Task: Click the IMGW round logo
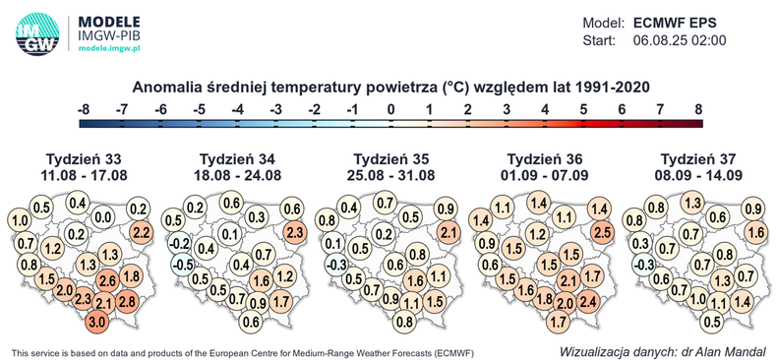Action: pos(37,30)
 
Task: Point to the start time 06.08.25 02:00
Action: pos(679,41)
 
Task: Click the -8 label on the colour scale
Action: pos(84,109)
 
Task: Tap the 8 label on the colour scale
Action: pos(698,109)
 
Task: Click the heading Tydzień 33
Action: pos(80,159)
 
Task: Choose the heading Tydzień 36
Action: pos(545,159)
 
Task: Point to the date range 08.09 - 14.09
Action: pos(701,176)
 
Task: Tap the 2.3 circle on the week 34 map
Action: pos(293,232)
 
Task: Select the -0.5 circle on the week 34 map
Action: pos(180,265)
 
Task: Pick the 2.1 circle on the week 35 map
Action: pos(448,232)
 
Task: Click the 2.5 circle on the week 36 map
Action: pos(602,232)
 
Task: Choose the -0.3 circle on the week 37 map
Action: pos(645,265)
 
